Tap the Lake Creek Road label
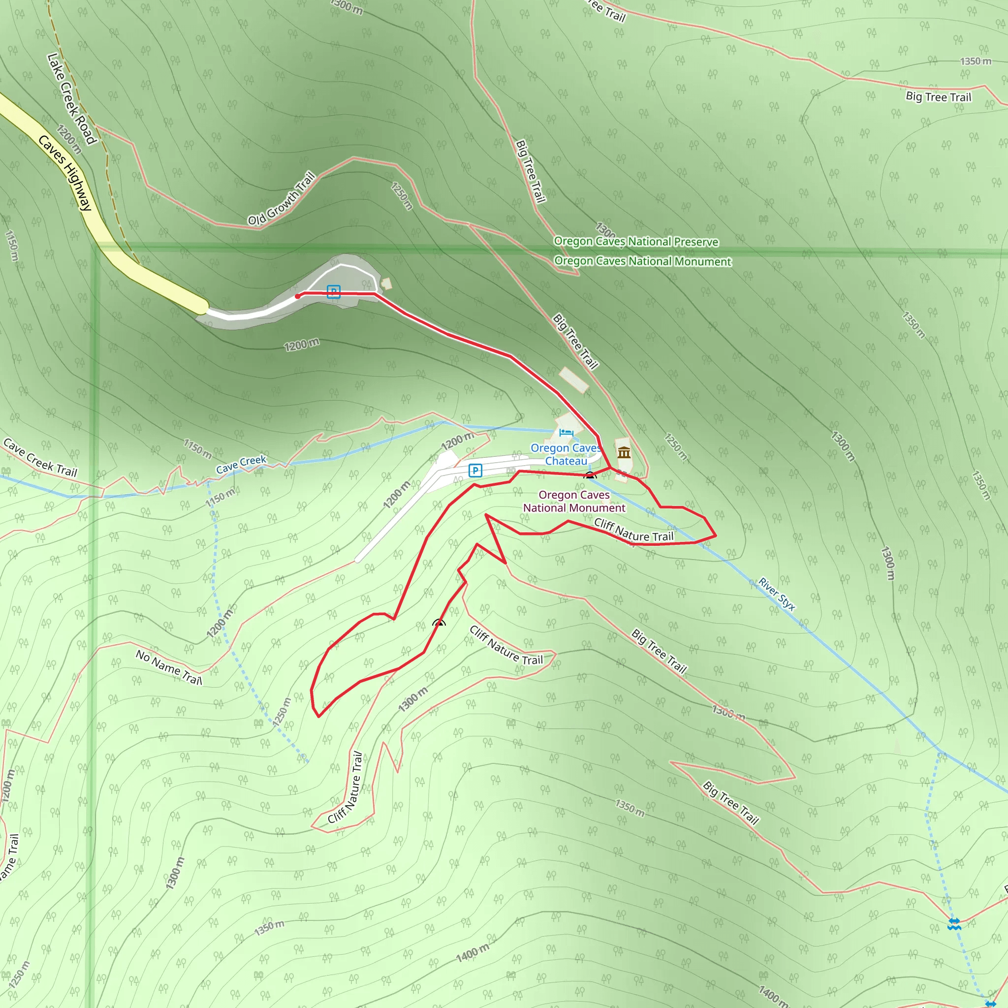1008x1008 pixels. tap(71, 98)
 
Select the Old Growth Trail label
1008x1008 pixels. tap(282, 199)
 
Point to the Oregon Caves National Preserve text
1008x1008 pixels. tap(635, 241)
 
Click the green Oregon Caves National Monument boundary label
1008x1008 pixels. tap(642, 261)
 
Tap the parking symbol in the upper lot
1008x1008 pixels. tap(333, 291)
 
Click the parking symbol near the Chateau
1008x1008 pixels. tap(475, 471)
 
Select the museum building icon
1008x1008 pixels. tap(624, 452)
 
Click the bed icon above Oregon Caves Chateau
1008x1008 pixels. tap(566, 433)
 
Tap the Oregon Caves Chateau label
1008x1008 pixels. tap(566, 454)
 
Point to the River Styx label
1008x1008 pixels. tap(776, 594)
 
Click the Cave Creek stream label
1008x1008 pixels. tap(241, 464)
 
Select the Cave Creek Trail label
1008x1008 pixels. tap(40, 458)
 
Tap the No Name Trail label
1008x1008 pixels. tap(168, 667)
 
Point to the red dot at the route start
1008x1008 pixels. tap(297, 296)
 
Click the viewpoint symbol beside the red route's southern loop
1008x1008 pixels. tap(439, 623)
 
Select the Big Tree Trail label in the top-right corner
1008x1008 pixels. tap(938, 97)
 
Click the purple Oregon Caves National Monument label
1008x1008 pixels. tap(574, 502)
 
